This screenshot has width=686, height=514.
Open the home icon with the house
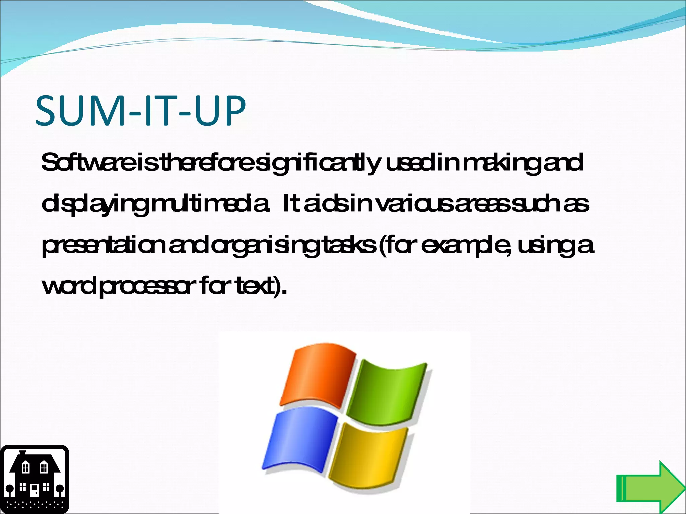point(34,479)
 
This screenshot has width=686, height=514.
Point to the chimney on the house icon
point(23,453)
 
